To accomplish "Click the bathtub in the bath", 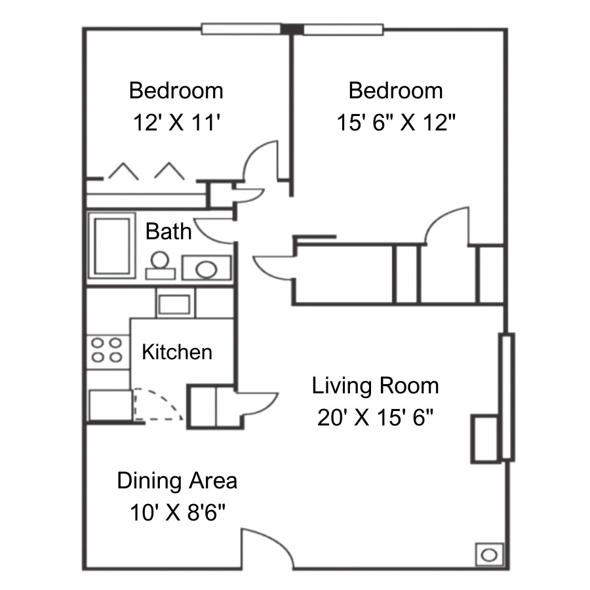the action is (x=111, y=246).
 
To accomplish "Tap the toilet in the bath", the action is (x=161, y=265).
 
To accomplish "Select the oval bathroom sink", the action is (x=206, y=269).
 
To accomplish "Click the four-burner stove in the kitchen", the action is (x=107, y=349).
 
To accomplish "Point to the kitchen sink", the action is (x=174, y=304).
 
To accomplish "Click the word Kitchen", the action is (x=177, y=352).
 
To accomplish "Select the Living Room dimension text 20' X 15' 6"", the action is (x=375, y=418).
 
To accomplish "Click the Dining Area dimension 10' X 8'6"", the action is (x=178, y=512).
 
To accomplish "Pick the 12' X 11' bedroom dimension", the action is (x=176, y=123).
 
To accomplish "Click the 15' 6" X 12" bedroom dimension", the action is (x=396, y=123).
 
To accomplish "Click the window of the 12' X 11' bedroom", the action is (x=241, y=29).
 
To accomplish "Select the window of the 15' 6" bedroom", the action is (x=344, y=29).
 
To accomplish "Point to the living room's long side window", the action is (x=507, y=397).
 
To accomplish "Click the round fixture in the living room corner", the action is (x=489, y=555).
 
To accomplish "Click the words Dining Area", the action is (x=177, y=481).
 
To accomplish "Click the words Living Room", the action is (x=376, y=386).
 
